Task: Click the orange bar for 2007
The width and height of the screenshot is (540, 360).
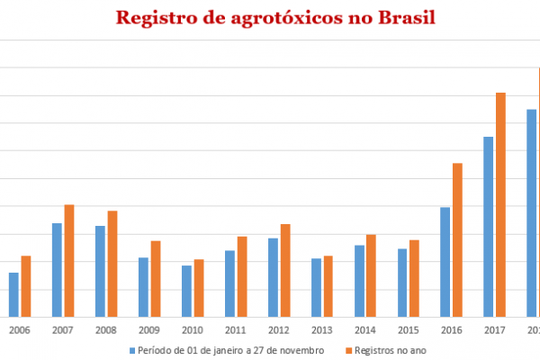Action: click(x=69, y=260)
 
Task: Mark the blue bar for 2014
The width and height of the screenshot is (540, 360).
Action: click(x=359, y=280)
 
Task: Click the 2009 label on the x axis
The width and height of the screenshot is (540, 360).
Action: click(x=148, y=330)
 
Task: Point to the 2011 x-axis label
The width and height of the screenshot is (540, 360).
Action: click(x=235, y=330)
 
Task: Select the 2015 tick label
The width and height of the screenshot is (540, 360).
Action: click(x=408, y=330)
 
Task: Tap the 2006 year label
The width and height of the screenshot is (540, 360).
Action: click(x=19, y=330)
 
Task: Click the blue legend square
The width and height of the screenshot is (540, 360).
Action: click(x=131, y=349)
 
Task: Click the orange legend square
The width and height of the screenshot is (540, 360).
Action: click(x=346, y=349)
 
